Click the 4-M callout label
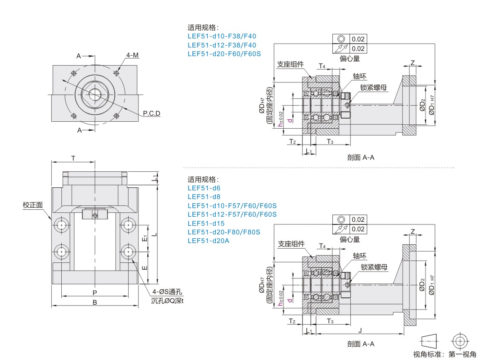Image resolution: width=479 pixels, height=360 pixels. click(x=132, y=55)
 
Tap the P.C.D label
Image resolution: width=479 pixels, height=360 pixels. click(x=151, y=114)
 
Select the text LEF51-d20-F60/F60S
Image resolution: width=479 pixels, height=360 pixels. click(x=224, y=54)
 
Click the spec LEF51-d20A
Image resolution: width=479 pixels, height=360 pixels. click(x=208, y=240)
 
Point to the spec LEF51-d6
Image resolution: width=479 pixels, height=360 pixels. click(x=204, y=188)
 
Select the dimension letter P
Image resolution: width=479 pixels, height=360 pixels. click(x=95, y=292)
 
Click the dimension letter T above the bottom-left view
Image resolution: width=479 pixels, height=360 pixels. click(x=73, y=158)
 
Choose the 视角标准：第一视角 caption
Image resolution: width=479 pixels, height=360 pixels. click(x=444, y=354)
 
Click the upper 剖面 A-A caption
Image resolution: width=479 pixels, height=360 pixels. click(x=361, y=158)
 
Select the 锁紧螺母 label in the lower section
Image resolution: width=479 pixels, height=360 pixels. click(x=374, y=267)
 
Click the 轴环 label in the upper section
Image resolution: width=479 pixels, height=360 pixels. click(x=359, y=76)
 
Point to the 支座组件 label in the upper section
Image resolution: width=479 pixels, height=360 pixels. click(x=290, y=64)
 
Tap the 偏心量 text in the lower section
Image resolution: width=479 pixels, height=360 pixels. click(x=350, y=239)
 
